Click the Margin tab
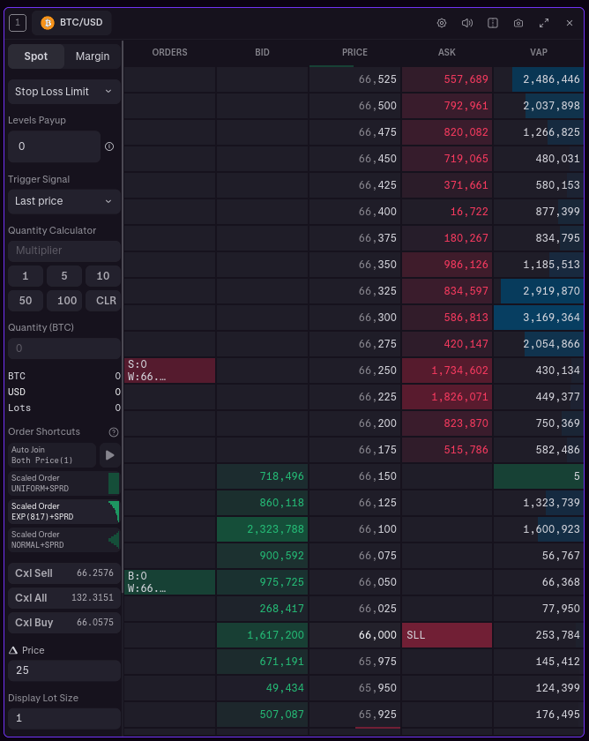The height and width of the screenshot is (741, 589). click(93, 56)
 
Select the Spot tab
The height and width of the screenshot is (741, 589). click(36, 56)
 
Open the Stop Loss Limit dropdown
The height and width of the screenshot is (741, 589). click(63, 92)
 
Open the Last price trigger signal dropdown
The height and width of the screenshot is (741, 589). click(63, 201)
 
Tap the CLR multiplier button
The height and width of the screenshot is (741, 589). click(106, 301)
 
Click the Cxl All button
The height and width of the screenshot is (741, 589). click(63, 598)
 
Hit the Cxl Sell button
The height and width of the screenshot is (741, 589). click(63, 573)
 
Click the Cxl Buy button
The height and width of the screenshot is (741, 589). click(63, 623)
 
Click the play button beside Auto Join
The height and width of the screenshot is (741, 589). click(110, 455)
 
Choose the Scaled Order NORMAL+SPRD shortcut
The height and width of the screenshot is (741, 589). click(63, 540)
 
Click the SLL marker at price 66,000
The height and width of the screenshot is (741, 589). click(446, 635)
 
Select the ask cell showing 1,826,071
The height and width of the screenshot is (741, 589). click(446, 397)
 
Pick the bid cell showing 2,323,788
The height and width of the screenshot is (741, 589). click(262, 529)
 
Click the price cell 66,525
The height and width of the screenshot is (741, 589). click(354, 79)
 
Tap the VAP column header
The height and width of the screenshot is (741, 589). click(539, 53)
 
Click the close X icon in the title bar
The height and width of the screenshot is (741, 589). click(569, 23)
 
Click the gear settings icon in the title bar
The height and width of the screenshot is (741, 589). click(442, 23)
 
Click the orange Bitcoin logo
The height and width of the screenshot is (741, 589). click(48, 23)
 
